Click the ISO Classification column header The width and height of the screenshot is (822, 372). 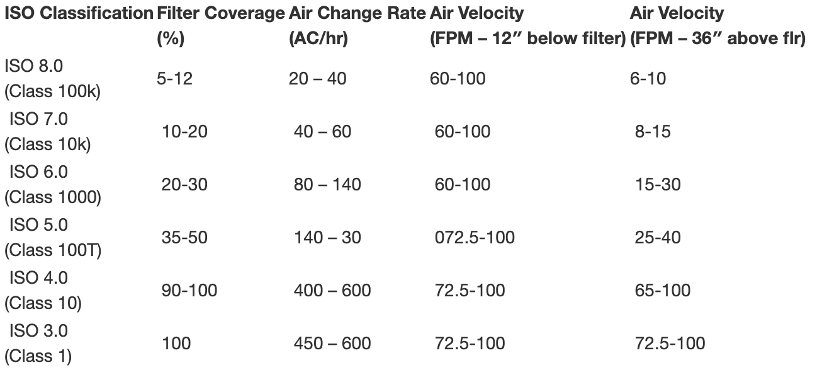pos(79,13)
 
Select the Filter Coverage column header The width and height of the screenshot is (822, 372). pos(220,13)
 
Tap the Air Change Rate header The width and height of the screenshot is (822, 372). pos(357,13)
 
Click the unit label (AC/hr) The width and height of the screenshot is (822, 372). pos(318,39)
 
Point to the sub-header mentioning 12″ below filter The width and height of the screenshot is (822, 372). pos(527,39)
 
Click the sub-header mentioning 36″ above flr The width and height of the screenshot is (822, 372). pos(718,39)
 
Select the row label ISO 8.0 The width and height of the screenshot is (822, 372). pos(36,66)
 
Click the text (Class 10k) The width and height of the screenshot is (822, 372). pos(48,145)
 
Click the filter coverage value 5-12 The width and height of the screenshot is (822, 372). pos(174,79)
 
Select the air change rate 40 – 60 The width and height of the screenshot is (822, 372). pos(322,132)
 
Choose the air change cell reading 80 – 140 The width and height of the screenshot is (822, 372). pos(327,185)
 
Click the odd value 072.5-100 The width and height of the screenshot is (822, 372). pos(475,238)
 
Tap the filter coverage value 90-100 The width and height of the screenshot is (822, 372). pos(189,291)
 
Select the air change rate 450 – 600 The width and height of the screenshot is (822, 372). pos(332,344)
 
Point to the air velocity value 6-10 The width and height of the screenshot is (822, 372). pos(648,79)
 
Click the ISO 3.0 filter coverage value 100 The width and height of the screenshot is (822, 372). pos(176,344)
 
